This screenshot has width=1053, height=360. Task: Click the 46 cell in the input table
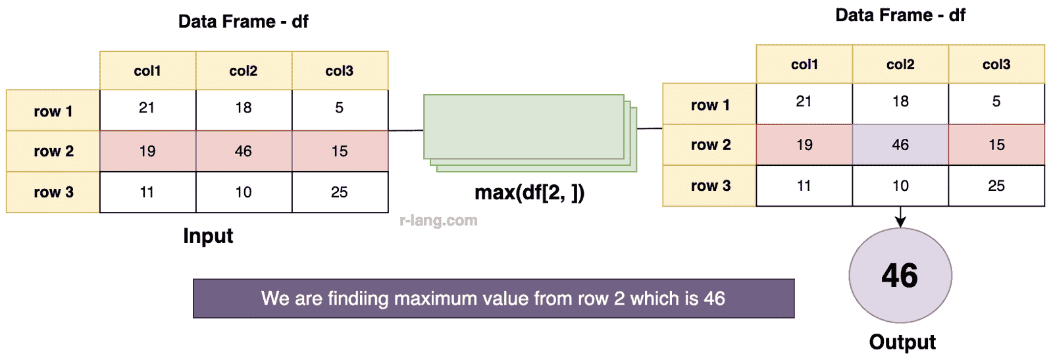click(x=244, y=151)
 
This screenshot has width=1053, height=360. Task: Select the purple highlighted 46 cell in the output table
click(x=900, y=144)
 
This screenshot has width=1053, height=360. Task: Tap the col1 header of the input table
click(x=147, y=70)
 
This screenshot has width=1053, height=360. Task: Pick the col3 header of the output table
click(x=996, y=64)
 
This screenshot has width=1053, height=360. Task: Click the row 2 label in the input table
click(x=53, y=151)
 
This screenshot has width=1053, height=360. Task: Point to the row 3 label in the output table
click(x=710, y=186)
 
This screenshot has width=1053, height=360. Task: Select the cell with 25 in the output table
click(x=996, y=186)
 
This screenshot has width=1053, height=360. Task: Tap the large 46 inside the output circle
click(x=900, y=275)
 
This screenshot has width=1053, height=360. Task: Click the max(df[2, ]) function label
click(x=530, y=192)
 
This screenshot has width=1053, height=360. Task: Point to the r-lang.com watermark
click(x=438, y=220)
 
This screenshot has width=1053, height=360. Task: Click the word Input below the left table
click(x=208, y=236)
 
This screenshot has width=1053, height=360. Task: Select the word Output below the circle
click(x=902, y=342)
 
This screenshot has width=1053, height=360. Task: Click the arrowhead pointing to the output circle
click(x=900, y=222)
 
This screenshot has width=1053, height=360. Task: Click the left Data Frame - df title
click(x=243, y=21)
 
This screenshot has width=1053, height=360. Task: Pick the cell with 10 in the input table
click(x=244, y=192)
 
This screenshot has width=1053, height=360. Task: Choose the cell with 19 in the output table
click(x=804, y=144)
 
